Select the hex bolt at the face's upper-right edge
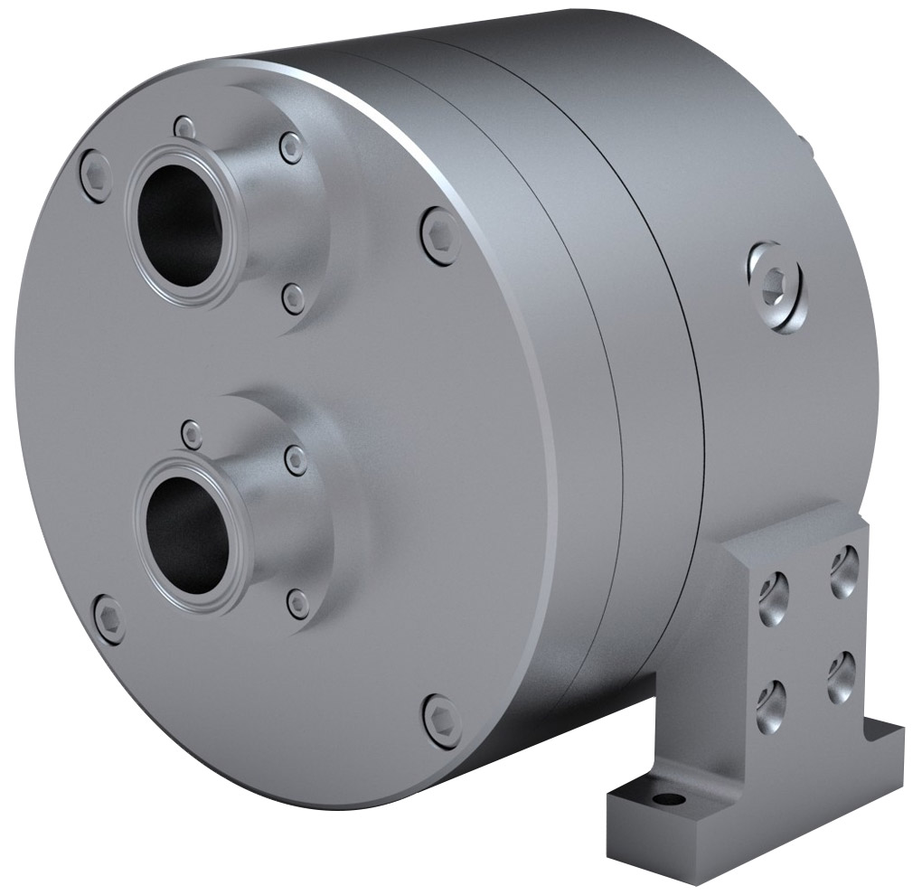coord(440,236)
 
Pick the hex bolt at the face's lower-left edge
coord(109,619)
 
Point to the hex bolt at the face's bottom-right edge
coord(443,721)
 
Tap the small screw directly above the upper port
coord(184,127)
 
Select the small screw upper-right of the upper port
coord(291,147)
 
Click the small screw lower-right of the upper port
coord(294,297)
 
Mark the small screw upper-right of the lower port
coord(296,460)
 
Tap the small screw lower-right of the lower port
coord(297,604)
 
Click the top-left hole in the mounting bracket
coord(773,599)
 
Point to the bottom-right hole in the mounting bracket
coord(841,676)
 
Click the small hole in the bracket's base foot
coord(668,799)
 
